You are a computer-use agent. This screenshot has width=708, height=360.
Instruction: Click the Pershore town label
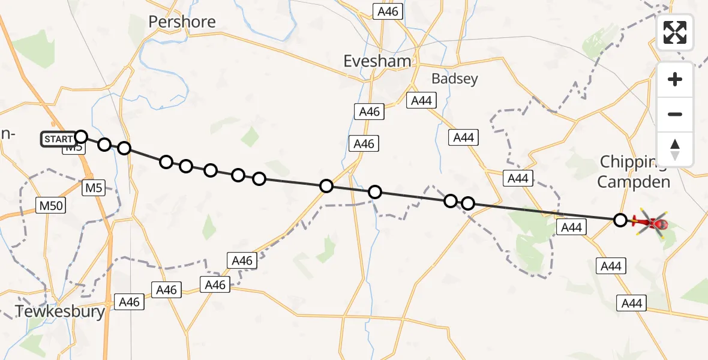[x=182, y=22]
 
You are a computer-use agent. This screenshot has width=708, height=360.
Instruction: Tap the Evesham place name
[x=377, y=61]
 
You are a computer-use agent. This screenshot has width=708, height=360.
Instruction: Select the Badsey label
[x=455, y=79]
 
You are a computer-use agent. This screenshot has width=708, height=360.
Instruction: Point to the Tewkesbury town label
[x=60, y=312]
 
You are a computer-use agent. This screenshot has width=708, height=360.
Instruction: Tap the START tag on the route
[x=58, y=139]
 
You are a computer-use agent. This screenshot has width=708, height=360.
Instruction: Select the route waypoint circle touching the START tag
[x=81, y=137]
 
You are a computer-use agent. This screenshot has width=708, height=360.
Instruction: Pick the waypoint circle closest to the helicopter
[x=620, y=220]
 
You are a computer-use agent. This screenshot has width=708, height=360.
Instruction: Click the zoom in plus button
[x=675, y=80]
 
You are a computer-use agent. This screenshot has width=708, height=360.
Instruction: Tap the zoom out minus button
[x=675, y=115]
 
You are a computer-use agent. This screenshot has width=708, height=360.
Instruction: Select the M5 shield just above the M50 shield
[x=94, y=188]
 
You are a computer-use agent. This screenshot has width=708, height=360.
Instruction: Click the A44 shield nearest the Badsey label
[x=421, y=101]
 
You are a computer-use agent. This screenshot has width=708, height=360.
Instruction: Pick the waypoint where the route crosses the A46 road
[x=326, y=186]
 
